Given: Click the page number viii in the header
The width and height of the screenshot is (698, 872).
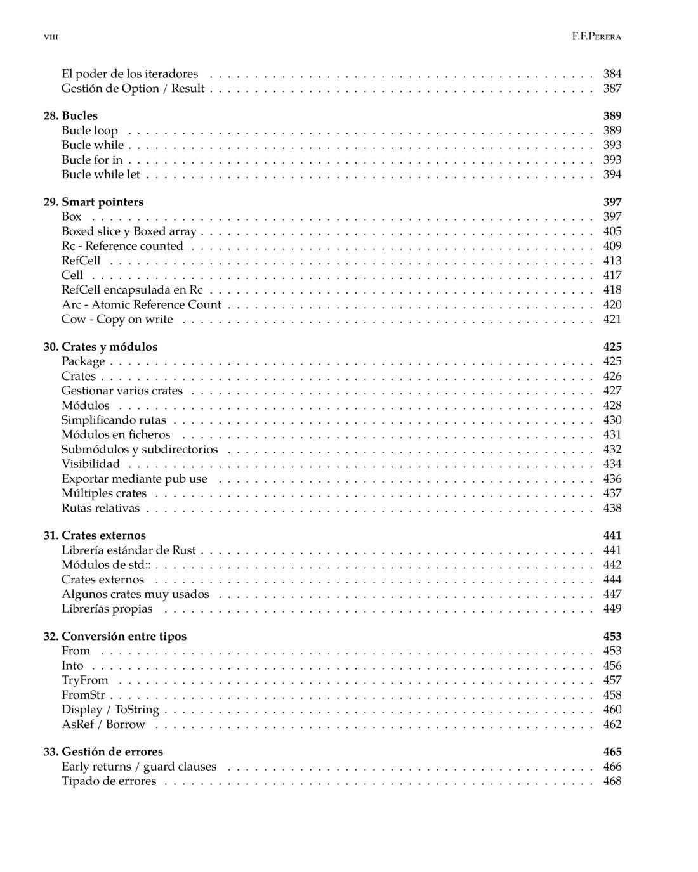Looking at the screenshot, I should coord(51,37).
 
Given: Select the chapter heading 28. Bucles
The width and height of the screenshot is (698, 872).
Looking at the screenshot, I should coord(70,115).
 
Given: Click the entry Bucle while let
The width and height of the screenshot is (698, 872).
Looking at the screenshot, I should coord(100,174).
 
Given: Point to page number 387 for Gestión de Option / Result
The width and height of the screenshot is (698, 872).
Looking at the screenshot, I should coord(612,88).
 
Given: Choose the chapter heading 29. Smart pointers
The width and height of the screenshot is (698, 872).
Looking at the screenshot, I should coord(93,202).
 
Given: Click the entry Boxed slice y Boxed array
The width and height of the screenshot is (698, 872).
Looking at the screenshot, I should coord(129,231).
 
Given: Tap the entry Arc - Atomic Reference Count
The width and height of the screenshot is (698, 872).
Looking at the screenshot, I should coord(142,304).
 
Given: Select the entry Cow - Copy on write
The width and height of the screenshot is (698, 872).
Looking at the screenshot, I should coord(117,319).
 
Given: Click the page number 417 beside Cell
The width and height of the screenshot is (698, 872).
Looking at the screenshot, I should coord(612,275).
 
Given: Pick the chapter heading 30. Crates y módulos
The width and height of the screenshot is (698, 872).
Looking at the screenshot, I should coord(100,347).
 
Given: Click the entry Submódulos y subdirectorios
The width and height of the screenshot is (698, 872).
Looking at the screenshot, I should coord(140,450).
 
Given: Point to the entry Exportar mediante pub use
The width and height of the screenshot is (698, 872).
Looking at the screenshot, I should coord(135,479).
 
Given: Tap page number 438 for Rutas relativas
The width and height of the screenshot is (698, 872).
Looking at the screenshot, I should coord(612,508).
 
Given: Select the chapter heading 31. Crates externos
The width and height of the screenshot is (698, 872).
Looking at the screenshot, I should coord(95,535).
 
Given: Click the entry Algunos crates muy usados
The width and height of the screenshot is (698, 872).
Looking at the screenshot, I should coord(135,594).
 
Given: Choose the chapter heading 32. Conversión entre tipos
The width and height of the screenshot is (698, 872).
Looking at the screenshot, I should coord(115,636).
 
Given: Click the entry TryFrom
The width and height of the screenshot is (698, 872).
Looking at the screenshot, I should coord(85,680).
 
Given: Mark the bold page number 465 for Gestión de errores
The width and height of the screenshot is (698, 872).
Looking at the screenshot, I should coord(612,752).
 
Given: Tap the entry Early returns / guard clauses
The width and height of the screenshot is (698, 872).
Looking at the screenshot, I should coord(139,767).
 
